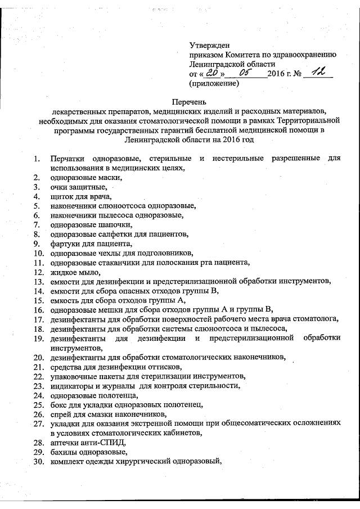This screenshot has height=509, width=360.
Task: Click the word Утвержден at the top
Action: point(210,44)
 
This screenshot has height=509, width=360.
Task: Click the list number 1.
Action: point(36,159)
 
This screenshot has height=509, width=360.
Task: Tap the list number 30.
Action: point(38,461)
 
